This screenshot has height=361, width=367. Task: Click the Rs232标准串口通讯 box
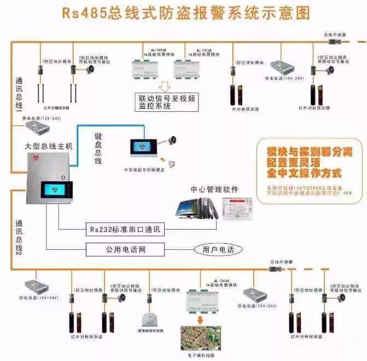[125, 230]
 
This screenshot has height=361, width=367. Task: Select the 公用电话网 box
[125, 249]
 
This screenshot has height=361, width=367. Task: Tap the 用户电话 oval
[218, 249]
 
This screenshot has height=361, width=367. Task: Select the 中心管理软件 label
[214, 190]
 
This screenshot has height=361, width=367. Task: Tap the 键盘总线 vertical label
[98, 148]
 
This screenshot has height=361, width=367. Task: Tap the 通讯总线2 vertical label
[18, 239]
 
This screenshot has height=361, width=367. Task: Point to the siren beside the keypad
[172, 140]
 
